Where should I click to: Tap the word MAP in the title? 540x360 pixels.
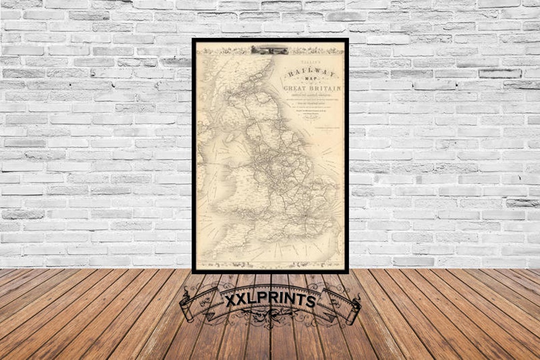click(x=311, y=82)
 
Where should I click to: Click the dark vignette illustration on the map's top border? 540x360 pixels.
click(x=269, y=49)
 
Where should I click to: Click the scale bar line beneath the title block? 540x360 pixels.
click(x=325, y=131)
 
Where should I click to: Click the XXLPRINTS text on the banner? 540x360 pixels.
click(x=270, y=300)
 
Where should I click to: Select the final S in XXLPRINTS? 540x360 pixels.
click(x=310, y=300)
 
